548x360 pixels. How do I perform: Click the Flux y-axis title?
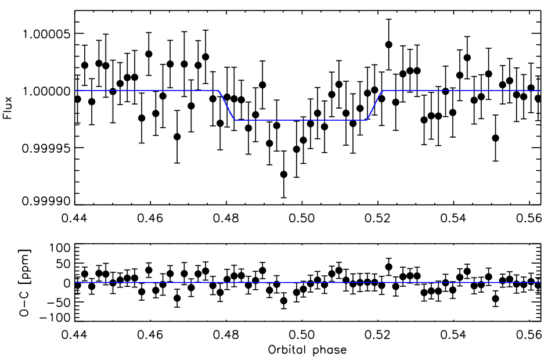[x=8, y=109]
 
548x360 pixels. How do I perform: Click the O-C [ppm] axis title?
[x=8, y=283]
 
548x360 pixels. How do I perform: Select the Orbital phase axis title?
[x=308, y=350]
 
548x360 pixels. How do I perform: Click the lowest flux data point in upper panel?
[x=283, y=174]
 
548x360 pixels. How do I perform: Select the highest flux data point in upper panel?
[x=388, y=44]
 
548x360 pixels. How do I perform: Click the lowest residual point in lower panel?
[x=283, y=301]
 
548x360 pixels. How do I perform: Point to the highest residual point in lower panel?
[x=388, y=267]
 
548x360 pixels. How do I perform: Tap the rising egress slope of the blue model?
[x=374, y=105]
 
